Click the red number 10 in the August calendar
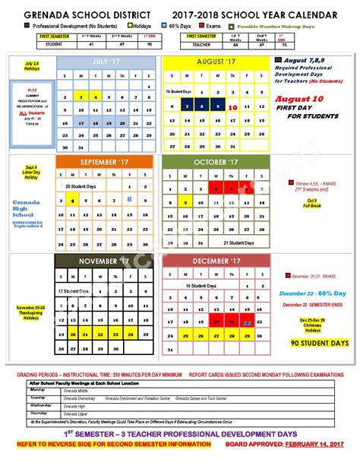[x=232, y=108]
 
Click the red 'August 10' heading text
[x=299, y=99]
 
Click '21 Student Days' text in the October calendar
[x=237, y=242]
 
